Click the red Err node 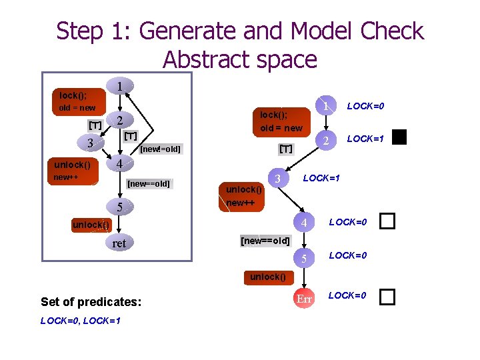pyautogui.click(x=304, y=299)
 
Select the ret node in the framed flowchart pyautogui.click(x=119, y=243)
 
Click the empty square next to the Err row pyautogui.click(x=387, y=297)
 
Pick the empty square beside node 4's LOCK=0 pyautogui.click(x=387, y=221)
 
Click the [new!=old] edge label pyautogui.click(x=160, y=148)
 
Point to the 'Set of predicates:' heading pyautogui.click(x=91, y=302)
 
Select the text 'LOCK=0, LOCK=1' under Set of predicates pyautogui.click(x=80, y=321)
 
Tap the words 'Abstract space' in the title pyautogui.click(x=239, y=60)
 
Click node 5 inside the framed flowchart pyautogui.click(x=119, y=207)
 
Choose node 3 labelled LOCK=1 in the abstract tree pyautogui.click(x=277, y=178)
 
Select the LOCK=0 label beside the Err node pyautogui.click(x=347, y=295)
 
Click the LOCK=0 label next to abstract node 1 pyautogui.click(x=365, y=106)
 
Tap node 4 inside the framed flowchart pyautogui.click(x=119, y=164)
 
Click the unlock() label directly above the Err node pyautogui.click(x=268, y=277)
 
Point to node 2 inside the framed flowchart pyautogui.click(x=119, y=121)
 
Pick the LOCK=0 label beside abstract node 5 pyautogui.click(x=348, y=255)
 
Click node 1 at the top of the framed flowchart pyautogui.click(x=119, y=87)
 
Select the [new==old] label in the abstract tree pyautogui.click(x=265, y=240)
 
